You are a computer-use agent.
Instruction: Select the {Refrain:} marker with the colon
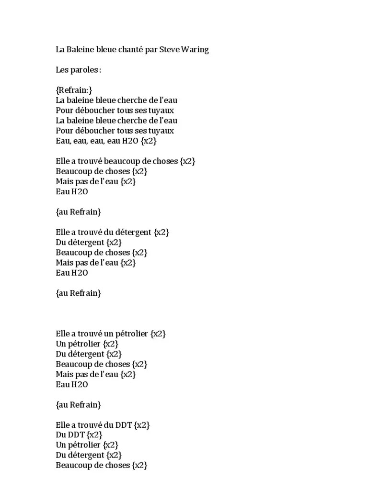[x=74, y=90]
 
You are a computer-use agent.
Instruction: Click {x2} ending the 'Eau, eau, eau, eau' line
[x=149, y=141]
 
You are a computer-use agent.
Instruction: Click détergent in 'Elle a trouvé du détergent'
[x=136, y=232]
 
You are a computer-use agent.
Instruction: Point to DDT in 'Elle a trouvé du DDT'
[x=124, y=425]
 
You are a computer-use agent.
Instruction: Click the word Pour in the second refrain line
[x=64, y=111]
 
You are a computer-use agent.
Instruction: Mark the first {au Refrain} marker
[x=78, y=212]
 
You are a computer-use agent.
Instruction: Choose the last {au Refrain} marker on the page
[x=78, y=405]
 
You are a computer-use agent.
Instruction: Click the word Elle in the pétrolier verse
[x=63, y=334]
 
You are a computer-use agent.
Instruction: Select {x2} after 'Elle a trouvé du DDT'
[x=143, y=425]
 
